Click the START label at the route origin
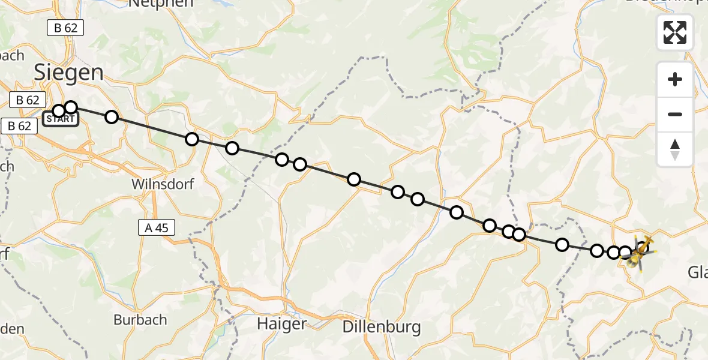pos(61,119)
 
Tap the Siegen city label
pos(68,73)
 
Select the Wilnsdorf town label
pos(163,184)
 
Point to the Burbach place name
pos(140,319)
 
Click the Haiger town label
pos(281,323)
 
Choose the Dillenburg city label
pos(382,327)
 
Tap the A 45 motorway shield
pos(157,227)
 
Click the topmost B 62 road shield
pos(67,28)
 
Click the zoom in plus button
pos(675,79)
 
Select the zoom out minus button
pos(675,114)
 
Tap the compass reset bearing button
pos(675,149)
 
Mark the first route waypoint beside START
pos(58,111)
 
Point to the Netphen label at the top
pos(161,3)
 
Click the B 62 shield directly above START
pos(27,100)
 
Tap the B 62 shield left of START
pos(19,126)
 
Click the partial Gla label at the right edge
pos(697,272)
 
